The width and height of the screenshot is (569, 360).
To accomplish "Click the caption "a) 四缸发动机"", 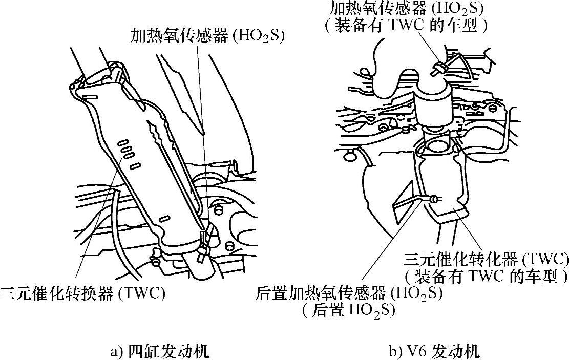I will tap(159, 352).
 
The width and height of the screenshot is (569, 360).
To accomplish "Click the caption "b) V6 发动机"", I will tap(434, 352).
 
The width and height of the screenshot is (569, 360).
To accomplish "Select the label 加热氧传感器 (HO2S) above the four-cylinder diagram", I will tap(207, 36).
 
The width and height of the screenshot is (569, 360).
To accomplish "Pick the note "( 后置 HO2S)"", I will tap(348, 311).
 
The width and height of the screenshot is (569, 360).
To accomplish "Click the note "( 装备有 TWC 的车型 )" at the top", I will tap(405, 25).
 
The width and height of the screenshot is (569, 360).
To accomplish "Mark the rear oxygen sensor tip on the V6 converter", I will tap(435, 198).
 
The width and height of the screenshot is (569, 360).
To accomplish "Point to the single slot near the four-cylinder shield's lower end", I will tap(164, 219).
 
